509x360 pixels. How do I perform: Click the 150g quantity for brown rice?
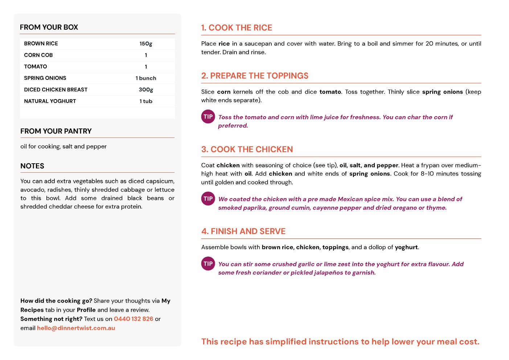146,44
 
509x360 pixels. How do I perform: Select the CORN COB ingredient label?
38,55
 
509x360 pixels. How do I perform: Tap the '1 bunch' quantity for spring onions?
146,78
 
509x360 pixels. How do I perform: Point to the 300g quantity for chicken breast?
146,90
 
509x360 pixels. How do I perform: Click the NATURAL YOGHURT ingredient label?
50,101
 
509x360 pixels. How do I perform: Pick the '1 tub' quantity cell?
146,101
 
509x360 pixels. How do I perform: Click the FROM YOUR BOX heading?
49,27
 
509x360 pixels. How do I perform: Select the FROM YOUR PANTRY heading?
56,131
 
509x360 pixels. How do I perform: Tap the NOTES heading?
32,166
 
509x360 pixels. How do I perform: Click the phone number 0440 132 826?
134,319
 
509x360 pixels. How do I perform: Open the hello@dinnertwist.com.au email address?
76,328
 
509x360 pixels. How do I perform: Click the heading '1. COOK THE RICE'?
237,28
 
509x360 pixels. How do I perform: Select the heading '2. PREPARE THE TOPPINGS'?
255,76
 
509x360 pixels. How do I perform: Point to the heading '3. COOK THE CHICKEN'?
247,150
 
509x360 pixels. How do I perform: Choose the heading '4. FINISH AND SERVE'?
243,232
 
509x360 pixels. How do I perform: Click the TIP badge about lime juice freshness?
208,117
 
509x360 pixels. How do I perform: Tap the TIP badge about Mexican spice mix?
208,199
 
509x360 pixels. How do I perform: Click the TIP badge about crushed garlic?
208,264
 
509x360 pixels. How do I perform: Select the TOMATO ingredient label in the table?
36,67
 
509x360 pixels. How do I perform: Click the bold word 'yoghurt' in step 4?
406,247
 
